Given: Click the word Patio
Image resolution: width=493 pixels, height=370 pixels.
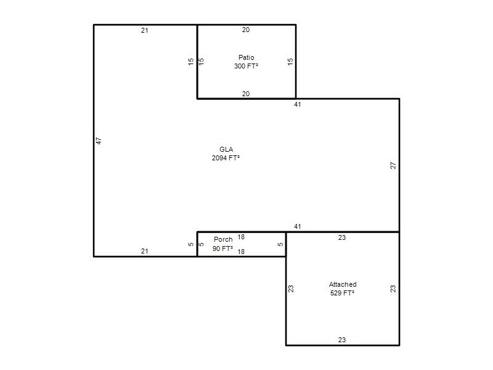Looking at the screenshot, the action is click(x=246, y=57).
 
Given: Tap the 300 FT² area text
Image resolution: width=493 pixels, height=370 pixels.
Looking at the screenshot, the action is click(x=246, y=66).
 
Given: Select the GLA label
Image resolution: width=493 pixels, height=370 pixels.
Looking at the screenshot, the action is click(x=226, y=149).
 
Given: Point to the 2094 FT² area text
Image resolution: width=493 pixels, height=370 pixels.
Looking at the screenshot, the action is click(x=226, y=158).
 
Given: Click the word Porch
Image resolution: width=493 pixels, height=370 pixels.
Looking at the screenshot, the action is click(x=223, y=239).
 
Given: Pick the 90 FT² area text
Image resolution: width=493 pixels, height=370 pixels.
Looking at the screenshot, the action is click(x=222, y=249).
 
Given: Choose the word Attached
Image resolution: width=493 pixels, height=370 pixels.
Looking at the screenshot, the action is click(x=343, y=284).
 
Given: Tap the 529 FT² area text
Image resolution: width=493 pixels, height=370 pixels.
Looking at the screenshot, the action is click(x=343, y=293).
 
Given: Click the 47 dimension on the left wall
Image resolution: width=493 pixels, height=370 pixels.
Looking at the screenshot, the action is click(x=99, y=141).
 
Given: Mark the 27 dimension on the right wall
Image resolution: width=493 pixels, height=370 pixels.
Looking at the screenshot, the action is click(x=393, y=165).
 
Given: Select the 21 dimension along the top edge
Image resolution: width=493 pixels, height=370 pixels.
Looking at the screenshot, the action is click(x=145, y=30).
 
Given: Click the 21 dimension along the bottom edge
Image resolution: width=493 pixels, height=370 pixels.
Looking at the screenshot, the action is click(x=145, y=251).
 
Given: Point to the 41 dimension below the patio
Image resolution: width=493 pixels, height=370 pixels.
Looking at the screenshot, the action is click(x=298, y=104).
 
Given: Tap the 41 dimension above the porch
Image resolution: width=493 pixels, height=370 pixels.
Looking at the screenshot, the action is click(x=298, y=226).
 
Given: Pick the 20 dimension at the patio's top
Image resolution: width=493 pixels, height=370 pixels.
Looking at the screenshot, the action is click(x=246, y=30).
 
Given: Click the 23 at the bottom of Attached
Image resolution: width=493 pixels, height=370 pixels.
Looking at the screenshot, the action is click(x=342, y=340).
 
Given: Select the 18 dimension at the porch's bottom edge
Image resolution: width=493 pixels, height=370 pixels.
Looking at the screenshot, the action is click(x=241, y=252).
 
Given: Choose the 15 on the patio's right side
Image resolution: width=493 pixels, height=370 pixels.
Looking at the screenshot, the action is click(x=290, y=61).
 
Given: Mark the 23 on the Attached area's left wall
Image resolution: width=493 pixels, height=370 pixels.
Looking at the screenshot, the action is click(x=291, y=289).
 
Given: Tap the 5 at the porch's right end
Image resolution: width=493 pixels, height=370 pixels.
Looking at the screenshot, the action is click(x=280, y=244).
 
